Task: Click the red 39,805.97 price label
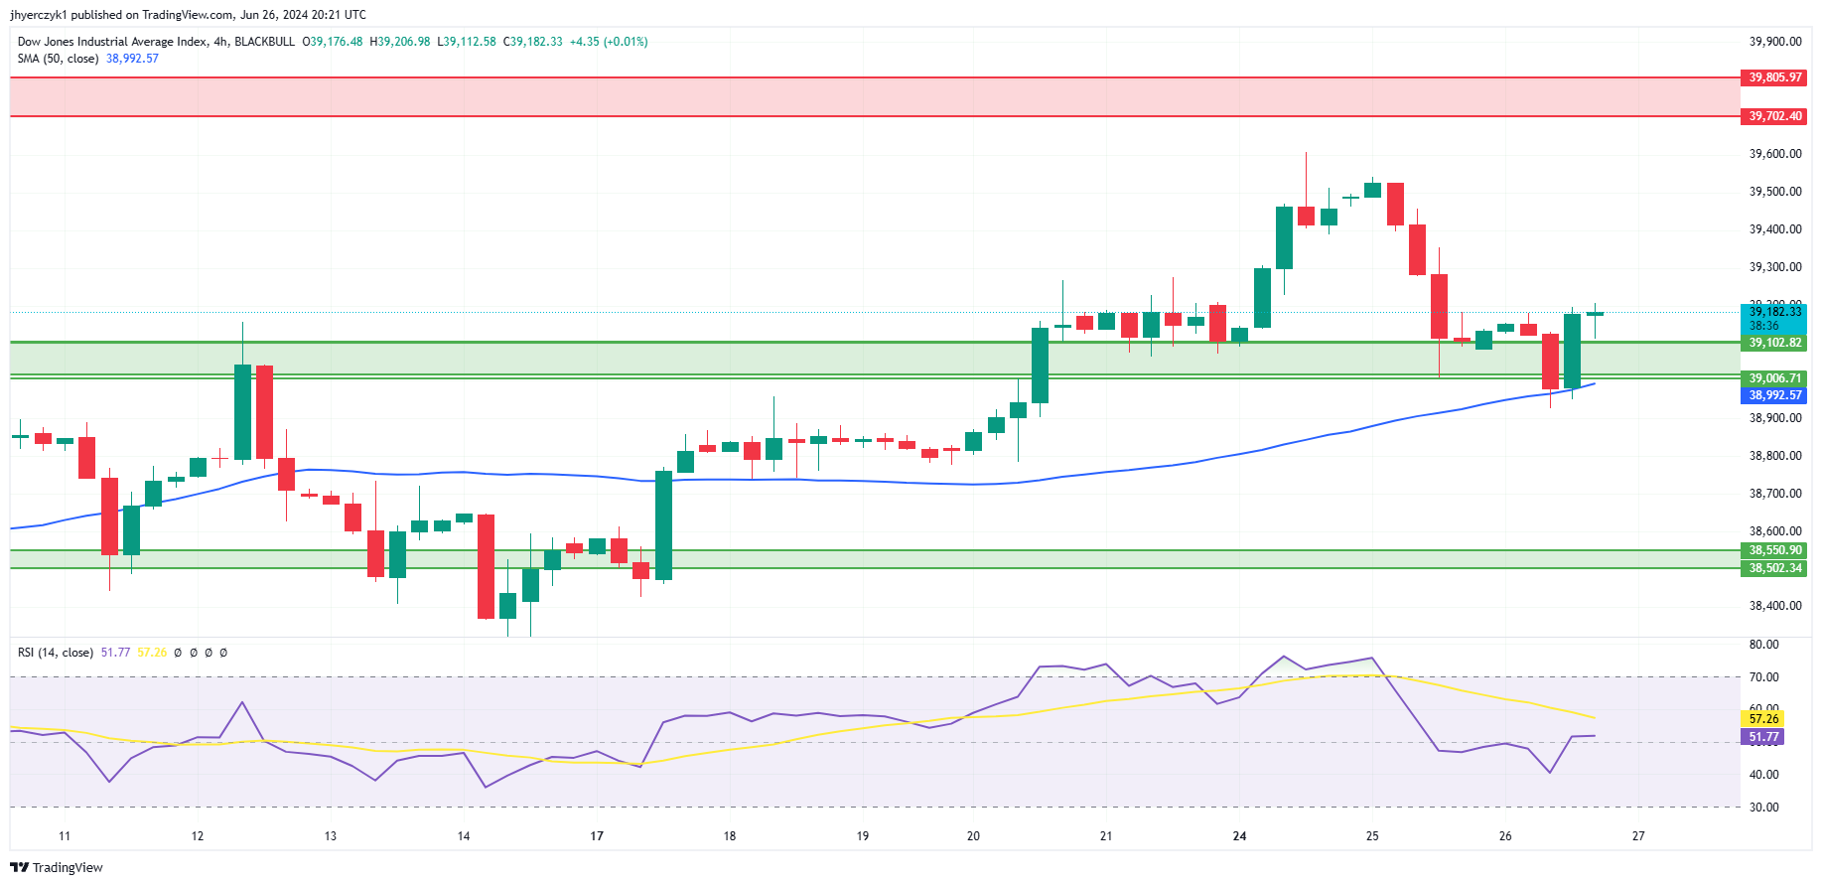pos(1774,77)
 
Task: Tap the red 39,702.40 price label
pos(1774,116)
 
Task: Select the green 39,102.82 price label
pos(1774,343)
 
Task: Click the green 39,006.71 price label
pos(1774,378)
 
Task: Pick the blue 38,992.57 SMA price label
pos(1774,395)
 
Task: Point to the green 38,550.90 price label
pos(1774,550)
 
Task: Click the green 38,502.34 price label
pos(1774,568)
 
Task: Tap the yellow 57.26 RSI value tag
pos(1763,719)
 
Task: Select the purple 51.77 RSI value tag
pos(1763,737)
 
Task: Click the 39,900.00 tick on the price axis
pos(1774,42)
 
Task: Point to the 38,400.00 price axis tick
pos(1774,606)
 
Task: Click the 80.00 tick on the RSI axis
pos(1763,645)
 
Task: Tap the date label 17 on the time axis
pos(597,836)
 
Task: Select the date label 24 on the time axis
pos(1239,836)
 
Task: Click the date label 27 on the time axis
pos(1638,836)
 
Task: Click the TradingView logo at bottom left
pos(57,867)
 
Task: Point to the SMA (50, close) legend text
pos(58,59)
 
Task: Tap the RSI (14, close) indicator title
pos(56,653)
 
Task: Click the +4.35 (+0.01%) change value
pos(608,42)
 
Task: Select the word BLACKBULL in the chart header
pos(264,42)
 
